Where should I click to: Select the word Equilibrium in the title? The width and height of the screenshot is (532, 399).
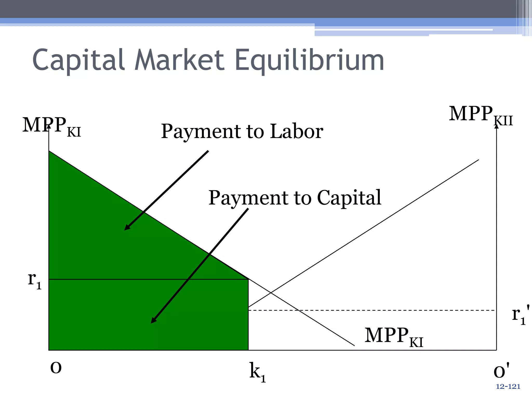click(309, 60)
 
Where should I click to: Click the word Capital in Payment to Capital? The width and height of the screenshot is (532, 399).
click(349, 198)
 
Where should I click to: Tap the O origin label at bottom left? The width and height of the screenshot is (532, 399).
click(56, 368)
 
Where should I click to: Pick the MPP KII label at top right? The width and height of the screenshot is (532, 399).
click(481, 115)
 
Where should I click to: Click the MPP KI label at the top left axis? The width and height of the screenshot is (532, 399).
click(51, 126)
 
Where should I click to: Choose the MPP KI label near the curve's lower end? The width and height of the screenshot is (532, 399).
click(394, 336)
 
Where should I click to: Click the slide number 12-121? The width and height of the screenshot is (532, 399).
click(508, 387)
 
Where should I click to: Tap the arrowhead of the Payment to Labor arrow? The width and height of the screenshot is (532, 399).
click(127, 228)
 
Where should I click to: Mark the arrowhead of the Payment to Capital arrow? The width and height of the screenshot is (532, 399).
click(153, 321)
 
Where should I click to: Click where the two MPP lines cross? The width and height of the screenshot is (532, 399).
click(271, 293)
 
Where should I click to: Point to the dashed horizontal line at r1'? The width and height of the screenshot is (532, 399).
click(371, 310)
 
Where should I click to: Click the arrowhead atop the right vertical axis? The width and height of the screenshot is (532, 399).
click(496, 127)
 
